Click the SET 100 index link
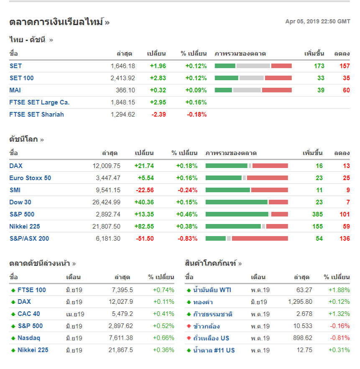click(21, 78)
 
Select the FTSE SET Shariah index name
click(36, 115)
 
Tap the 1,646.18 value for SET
click(123, 66)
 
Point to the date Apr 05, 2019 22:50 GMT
click(318, 22)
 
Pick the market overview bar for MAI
click(253, 90)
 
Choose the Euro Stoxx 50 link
click(30, 178)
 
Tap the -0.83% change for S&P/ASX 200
click(188, 239)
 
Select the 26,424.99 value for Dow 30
click(106, 202)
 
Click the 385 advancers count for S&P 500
click(317, 214)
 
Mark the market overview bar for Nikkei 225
click(247, 226)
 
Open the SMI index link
click(15, 190)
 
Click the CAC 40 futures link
click(29, 314)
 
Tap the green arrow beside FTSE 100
click(13, 290)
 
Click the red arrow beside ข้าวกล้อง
click(189, 326)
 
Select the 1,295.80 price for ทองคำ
click(300, 302)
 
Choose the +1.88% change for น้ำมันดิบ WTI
click(339, 290)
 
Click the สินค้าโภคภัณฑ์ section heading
click(210, 264)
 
